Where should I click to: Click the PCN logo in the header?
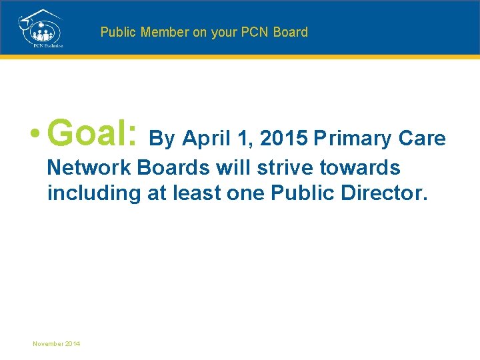pos(40,27)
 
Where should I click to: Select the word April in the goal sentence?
pos(204,139)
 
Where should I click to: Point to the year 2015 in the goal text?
pos(284,139)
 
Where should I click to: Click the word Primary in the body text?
pos(353,139)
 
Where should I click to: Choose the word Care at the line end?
pos(422,139)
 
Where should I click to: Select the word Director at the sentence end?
pos(381,193)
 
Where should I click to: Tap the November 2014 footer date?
pos(57,343)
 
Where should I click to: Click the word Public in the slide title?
pos(117,32)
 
